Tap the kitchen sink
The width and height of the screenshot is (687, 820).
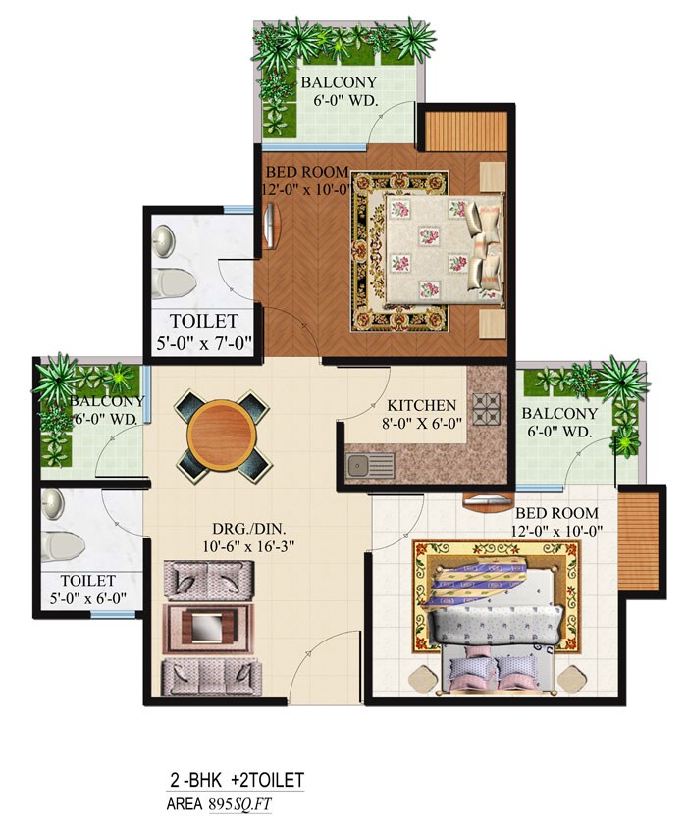[370, 464]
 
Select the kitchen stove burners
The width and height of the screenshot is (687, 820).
[488, 406]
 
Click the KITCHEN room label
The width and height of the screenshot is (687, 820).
[422, 405]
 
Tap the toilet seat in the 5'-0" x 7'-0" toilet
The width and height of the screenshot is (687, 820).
[173, 282]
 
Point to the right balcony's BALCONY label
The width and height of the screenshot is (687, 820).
[559, 413]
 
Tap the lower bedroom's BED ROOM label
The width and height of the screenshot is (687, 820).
[556, 512]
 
